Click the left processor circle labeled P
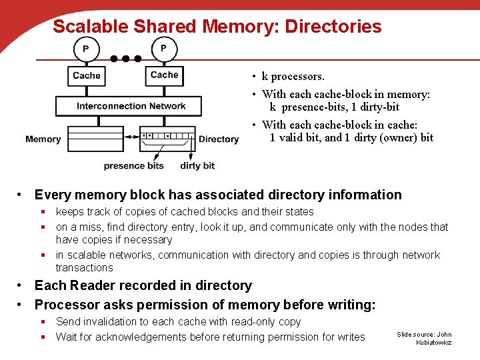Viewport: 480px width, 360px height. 85,49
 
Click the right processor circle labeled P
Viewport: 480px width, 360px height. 164,49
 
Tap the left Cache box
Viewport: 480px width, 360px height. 87,75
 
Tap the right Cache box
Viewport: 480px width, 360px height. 164,75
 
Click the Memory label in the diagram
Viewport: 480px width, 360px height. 43,139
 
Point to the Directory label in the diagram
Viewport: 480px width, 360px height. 219,139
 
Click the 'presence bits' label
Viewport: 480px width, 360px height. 133,165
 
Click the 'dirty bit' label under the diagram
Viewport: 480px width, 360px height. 197,165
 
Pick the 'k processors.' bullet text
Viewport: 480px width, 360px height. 293,77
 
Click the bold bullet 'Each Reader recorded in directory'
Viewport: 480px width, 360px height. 143,285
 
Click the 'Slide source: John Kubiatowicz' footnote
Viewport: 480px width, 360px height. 424,338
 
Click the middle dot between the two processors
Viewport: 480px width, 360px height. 125,59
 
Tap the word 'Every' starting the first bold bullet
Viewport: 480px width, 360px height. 53,195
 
